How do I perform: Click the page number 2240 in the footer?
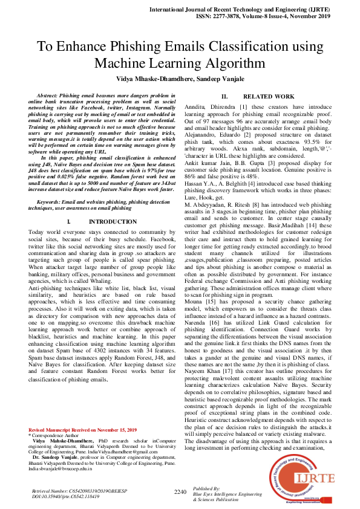click(x=180, y=492)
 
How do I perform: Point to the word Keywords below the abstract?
click(x=50, y=201)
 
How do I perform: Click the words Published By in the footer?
click(x=208, y=488)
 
